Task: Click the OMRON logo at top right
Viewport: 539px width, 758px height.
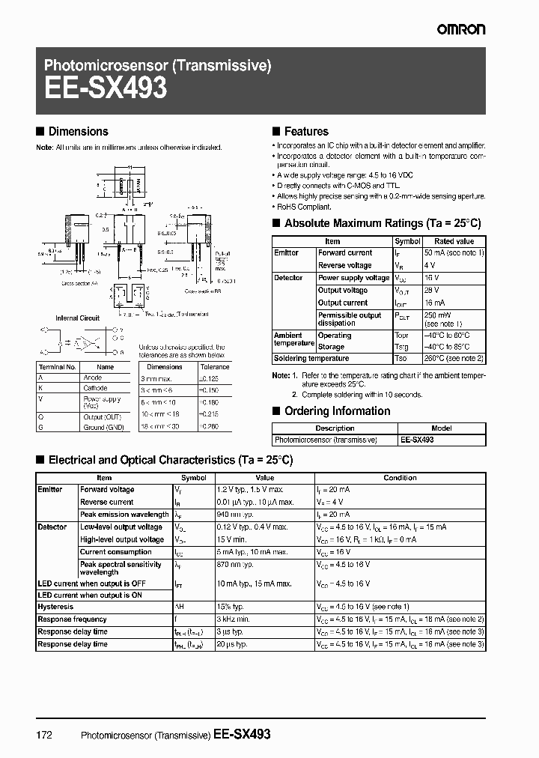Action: [x=461, y=29]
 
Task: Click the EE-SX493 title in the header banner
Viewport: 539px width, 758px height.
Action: [x=106, y=88]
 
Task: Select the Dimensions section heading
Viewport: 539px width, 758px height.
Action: [x=78, y=132]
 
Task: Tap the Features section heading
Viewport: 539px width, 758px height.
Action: [x=306, y=132]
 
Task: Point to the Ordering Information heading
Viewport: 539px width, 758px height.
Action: [x=338, y=411]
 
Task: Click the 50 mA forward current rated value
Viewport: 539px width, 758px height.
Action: [x=454, y=253]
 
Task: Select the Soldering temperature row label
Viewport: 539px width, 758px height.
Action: [x=312, y=358]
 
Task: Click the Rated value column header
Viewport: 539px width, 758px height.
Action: [x=454, y=242]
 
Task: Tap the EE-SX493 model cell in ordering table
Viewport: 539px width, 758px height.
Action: [x=417, y=440]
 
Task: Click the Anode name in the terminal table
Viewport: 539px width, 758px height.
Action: [x=92, y=378]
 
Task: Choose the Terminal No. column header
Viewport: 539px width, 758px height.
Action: [x=58, y=368]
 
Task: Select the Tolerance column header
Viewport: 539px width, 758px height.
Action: [x=215, y=368]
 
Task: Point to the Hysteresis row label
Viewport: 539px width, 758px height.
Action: [x=56, y=607]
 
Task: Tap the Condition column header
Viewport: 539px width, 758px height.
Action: [x=401, y=478]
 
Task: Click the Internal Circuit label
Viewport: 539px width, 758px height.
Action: [x=78, y=318]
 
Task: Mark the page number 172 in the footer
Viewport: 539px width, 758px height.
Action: [x=44, y=736]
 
